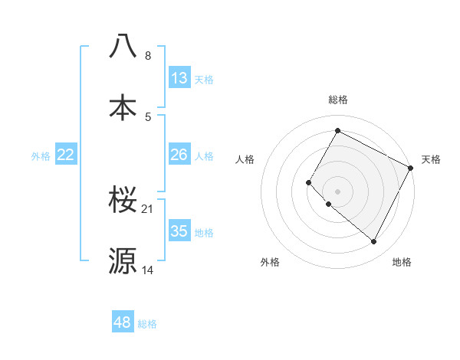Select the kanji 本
[x=123, y=106]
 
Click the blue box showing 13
[x=179, y=78]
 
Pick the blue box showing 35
[x=179, y=231]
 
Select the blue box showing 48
[x=123, y=322]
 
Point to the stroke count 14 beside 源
[x=148, y=270]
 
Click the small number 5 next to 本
[x=148, y=116]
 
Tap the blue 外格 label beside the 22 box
[x=41, y=156]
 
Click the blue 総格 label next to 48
[x=147, y=324]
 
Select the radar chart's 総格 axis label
[x=337, y=100]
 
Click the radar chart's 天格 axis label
[x=431, y=159]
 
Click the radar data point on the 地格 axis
[x=374, y=242]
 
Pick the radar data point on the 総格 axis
[x=337, y=130]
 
